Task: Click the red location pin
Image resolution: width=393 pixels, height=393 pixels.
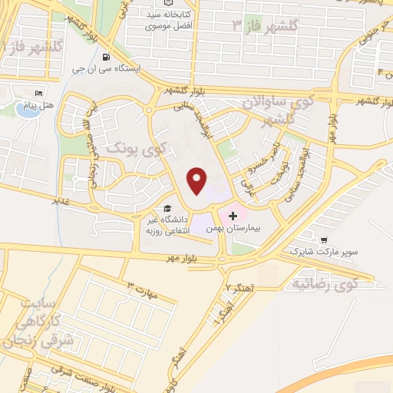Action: [197, 180]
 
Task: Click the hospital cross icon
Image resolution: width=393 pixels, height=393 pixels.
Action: [233, 217]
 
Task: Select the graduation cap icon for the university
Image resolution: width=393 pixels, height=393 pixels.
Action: [167, 208]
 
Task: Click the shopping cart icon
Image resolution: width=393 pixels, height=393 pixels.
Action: [323, 239]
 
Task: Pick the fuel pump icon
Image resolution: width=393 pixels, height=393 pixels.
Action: [104, 57]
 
